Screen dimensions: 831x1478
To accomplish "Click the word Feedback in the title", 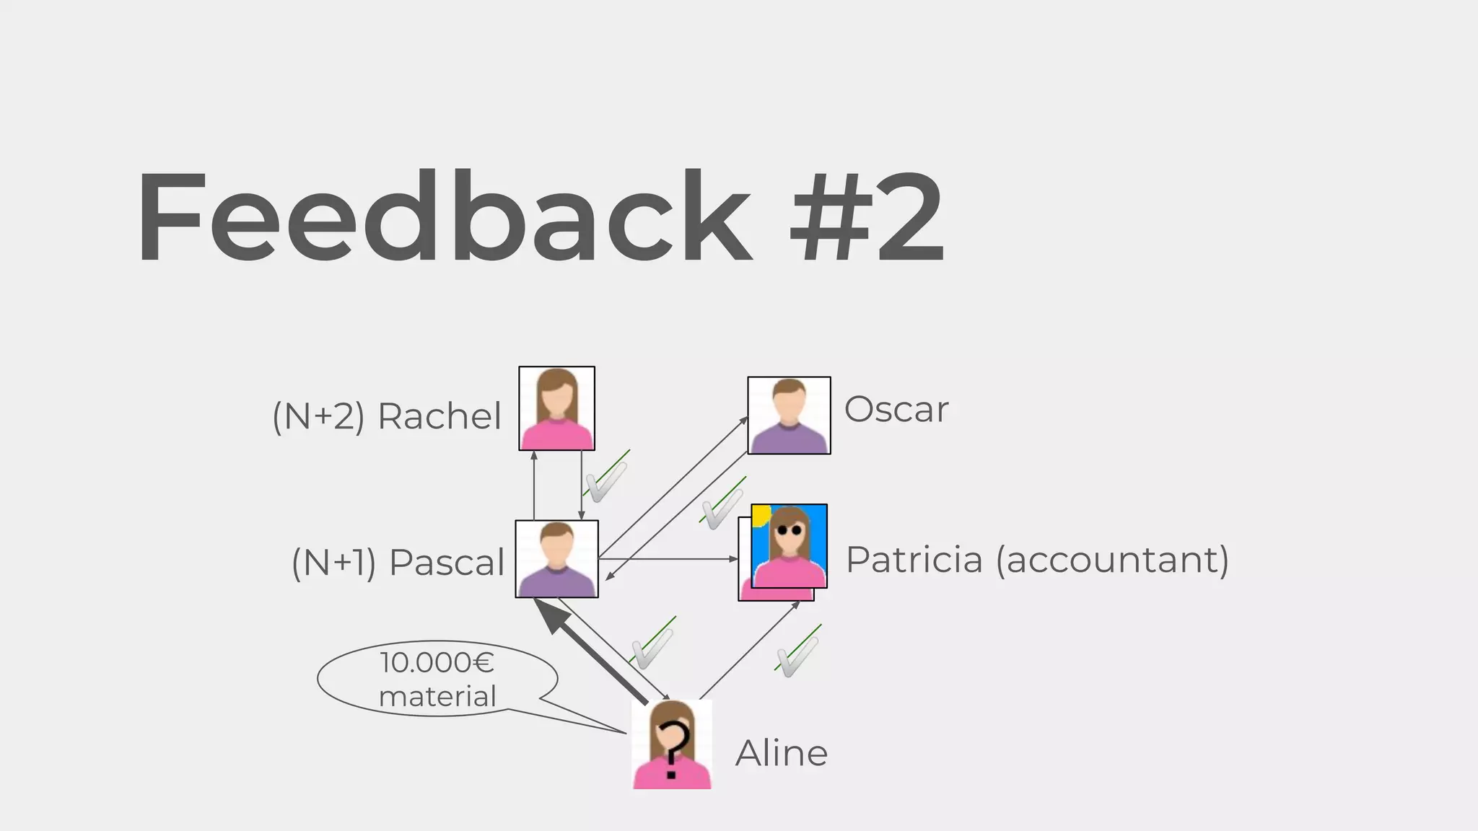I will point(444,216).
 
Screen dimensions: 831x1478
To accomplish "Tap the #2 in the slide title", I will point(866,216).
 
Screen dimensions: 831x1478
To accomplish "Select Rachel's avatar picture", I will point(556,408).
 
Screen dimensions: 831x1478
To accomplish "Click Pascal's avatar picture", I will point(556,559).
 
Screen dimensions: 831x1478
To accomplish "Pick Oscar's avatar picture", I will point(789,415).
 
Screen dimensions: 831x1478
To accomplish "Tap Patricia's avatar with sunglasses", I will point(789,546).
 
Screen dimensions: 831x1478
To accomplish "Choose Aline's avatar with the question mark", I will point(672,744).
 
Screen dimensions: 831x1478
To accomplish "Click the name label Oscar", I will point(896,410).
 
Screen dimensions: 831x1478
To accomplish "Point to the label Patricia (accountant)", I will point(1037,560).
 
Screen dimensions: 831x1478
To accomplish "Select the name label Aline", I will point(782,753).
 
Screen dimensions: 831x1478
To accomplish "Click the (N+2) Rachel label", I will point(387,416).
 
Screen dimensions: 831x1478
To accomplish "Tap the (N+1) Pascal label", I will point(398,563).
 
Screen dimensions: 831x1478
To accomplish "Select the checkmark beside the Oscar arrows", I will point(722,504).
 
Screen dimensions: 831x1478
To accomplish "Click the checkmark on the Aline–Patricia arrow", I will point(797,654).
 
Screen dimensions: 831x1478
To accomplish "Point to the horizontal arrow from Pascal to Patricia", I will point(668,559).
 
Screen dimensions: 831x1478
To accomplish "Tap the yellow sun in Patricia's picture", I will point(761,514).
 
